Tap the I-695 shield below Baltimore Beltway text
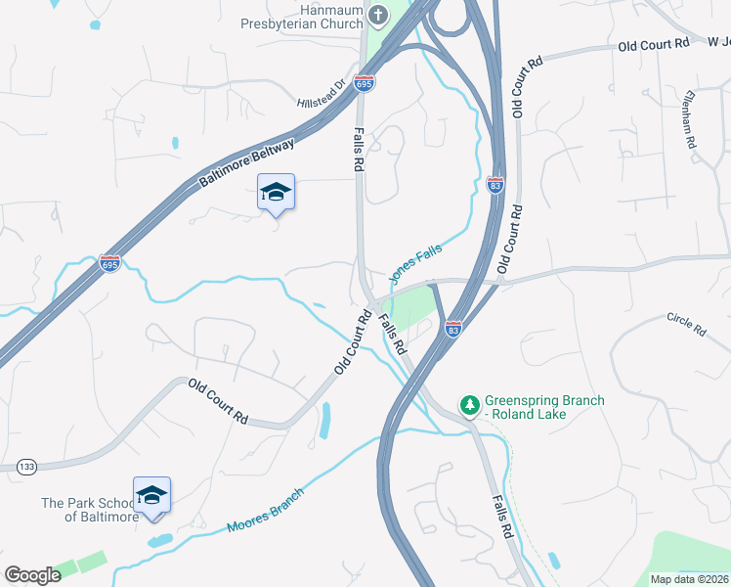[x=109, y=263]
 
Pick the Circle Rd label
[x=686, y=325]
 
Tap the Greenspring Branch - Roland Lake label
[x=546, y=407]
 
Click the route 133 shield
[x=26, y=468]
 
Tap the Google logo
[x=33, y=574]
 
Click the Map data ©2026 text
[x=688, y=579]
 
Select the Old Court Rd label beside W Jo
[x=654, y=44]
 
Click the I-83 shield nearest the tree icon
[x=452, y=329]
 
